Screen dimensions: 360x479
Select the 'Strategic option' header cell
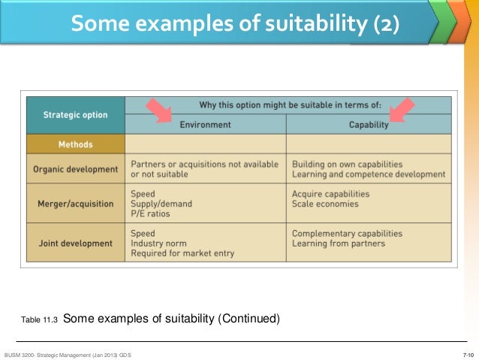(75, 116)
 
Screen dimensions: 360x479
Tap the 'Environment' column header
(204, 125)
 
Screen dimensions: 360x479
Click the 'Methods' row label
(75, 144)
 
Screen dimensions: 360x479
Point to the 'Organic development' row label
(75, 169)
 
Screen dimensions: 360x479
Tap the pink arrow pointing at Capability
(402, 110)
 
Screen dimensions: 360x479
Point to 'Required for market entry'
(182, 253)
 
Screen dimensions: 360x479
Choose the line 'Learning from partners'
(338, 244)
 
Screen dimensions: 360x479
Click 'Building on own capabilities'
(347, 164)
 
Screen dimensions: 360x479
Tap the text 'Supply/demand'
(161, 204)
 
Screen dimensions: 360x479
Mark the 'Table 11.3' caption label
(39, 320)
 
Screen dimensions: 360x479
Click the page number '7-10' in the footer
(468, 354)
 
